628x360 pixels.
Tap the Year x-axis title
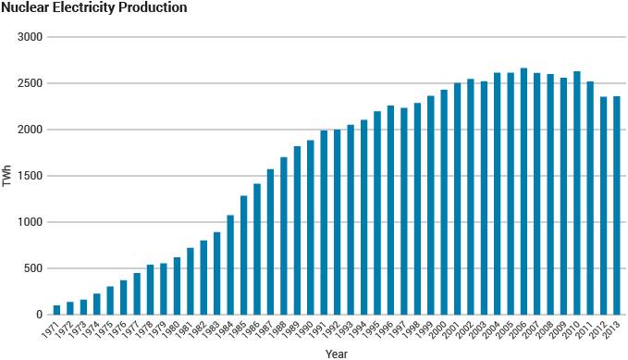point(337,353)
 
